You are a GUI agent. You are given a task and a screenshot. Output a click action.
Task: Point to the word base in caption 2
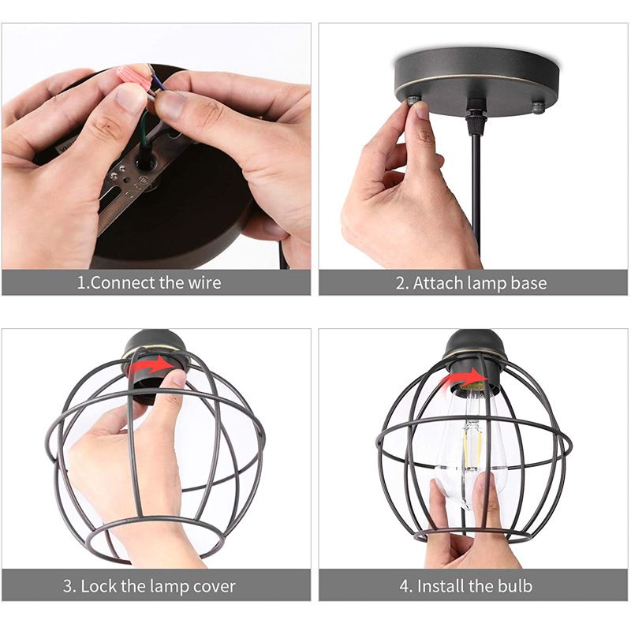coord(528,283)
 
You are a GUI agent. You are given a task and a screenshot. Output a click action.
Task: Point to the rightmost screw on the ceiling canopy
coord(539,106)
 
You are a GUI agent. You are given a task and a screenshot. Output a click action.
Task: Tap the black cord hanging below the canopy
coord(476,189)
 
